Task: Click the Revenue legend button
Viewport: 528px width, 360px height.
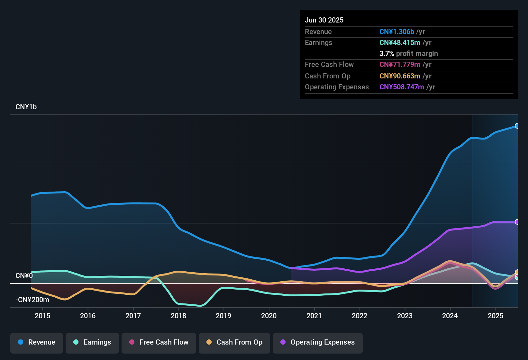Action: point(37,342)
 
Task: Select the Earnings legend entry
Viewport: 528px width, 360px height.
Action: point(92,342)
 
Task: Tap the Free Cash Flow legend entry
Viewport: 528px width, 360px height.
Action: point(159,342)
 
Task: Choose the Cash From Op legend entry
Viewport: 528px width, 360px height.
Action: point(234,342)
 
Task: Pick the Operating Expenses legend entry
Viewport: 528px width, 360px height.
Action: point(318,342)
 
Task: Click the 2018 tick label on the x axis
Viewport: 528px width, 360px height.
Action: point(178,316)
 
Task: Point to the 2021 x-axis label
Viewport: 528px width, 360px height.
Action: point(314,316)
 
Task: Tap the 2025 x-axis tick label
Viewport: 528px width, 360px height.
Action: point(496,316)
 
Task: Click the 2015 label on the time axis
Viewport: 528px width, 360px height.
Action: point(42,316)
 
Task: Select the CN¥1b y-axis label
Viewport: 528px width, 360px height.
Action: point(26,107)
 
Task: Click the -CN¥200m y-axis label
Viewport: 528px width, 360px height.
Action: point(32,300)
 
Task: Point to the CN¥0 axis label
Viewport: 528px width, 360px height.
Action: point(24,276)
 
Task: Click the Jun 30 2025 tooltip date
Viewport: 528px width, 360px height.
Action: point(324,20)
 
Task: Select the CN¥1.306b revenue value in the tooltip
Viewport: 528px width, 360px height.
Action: point(396,32)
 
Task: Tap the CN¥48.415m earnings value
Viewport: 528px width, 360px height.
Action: point(400,43)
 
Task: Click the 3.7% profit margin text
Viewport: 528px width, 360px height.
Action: point(408,54)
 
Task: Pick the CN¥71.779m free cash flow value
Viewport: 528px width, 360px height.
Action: point(400,65)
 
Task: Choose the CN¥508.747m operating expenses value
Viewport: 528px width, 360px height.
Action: point(402,87)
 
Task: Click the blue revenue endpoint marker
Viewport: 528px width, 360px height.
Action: point(517,126)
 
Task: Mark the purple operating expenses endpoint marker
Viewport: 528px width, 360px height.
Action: point(517,222)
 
